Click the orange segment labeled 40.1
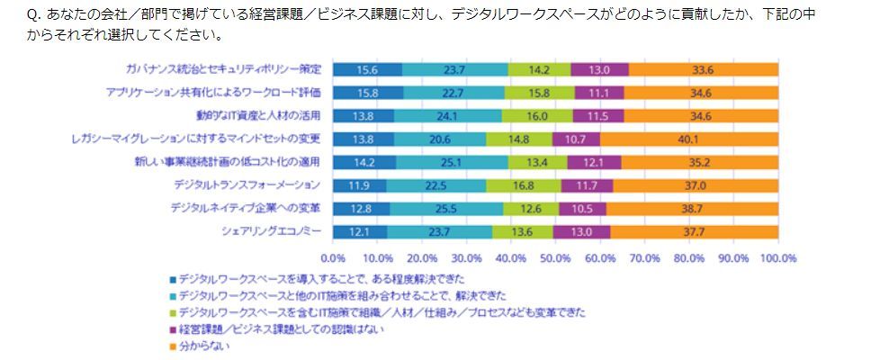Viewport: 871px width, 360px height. tap(689, 139)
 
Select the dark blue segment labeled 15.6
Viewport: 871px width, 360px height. tap(367, 68)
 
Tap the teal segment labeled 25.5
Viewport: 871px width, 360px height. tap(446, 209)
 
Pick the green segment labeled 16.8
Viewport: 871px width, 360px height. tap(524, 185)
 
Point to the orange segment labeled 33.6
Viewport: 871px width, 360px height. tap(704, 68)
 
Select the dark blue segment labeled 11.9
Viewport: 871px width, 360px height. tap(359, 185)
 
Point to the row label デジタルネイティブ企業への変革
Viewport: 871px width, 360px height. tap(245, 209)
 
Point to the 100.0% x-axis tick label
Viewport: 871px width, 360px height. tap(777, 257)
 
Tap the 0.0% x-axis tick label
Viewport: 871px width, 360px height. tap(333, 257)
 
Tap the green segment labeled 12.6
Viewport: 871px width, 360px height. tap(531, 209)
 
